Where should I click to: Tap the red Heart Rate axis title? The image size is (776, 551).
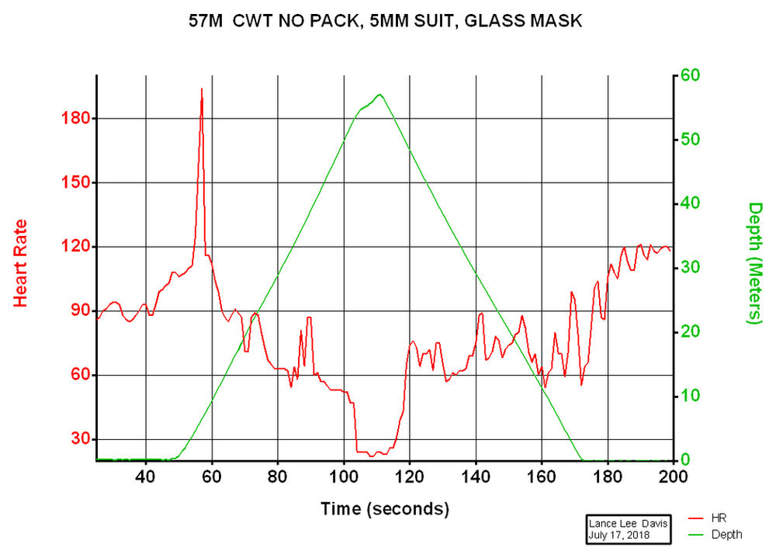tap(21, 262)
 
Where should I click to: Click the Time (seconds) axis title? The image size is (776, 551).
tap(384, 509)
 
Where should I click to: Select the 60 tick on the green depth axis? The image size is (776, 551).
tap(691, 75)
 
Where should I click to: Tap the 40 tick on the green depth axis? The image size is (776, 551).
tap(691, 203)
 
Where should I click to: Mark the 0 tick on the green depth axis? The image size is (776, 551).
tap(686, 459)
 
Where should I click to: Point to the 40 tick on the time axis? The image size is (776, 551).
tap(146, 476)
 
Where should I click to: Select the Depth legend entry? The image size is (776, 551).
tap(726, 534)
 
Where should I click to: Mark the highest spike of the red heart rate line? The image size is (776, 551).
tap(202, 89)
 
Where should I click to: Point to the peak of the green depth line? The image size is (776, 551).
tap(379, 95)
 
